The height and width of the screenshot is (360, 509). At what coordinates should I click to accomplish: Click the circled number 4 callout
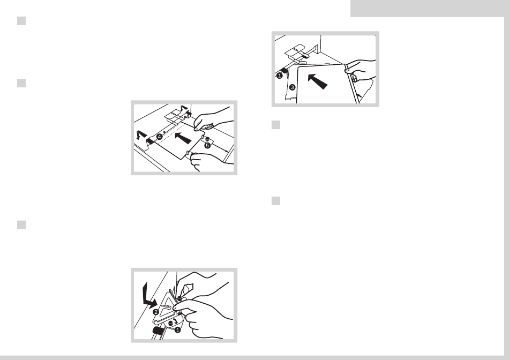pyautogui.click(x=159, y=137)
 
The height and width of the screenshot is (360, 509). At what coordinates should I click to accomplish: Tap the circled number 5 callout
pyautogui.click(x=207, y=146)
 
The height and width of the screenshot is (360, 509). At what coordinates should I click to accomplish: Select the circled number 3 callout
pyautogui.click(x=292, y=87)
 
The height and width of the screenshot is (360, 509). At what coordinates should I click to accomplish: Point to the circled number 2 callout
pyautogui.click(x=156, y=312)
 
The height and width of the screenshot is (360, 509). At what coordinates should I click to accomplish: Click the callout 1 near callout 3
pyautogui.click(x=280, y=76)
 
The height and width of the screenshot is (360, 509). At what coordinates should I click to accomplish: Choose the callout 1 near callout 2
pyautogui.click(x=177, y=330)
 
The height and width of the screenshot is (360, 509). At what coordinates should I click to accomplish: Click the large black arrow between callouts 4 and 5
pyautogui.click(x=183, y=138)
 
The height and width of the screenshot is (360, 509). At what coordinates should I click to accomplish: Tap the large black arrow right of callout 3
pyautogui.click(x=317, y=81)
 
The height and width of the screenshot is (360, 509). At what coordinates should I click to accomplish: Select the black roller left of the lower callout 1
pyautogui.click(x=158, y=331)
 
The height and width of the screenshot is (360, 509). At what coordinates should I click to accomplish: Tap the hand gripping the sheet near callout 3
pyautogui.click(x=361, y=70)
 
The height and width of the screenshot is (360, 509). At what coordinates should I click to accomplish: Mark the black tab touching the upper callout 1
pyautogui.click(x=284, y=70)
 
